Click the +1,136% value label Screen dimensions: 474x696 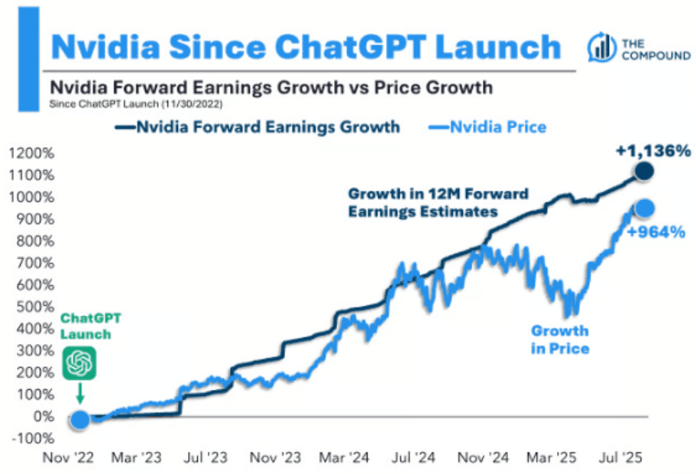pyautogui.click(x=653, y=150)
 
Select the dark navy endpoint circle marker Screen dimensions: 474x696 pyautogui.click(x=644, y=171)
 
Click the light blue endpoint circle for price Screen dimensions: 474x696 pyautogui.click(x=644, y=208)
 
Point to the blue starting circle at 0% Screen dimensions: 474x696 pyautogui.click(x=79, y=419)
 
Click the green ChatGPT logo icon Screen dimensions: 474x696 pyautogui.click(x=80, y=363)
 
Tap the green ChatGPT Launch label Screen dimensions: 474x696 pyautogui.click(x=86, y=325)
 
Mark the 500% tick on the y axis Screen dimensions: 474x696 pyautogui.click(x=33, y=307)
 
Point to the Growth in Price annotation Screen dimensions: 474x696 pyautogui.click(x=560, y=340)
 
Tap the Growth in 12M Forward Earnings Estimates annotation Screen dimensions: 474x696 pyautogui.click(x=438, y=202)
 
